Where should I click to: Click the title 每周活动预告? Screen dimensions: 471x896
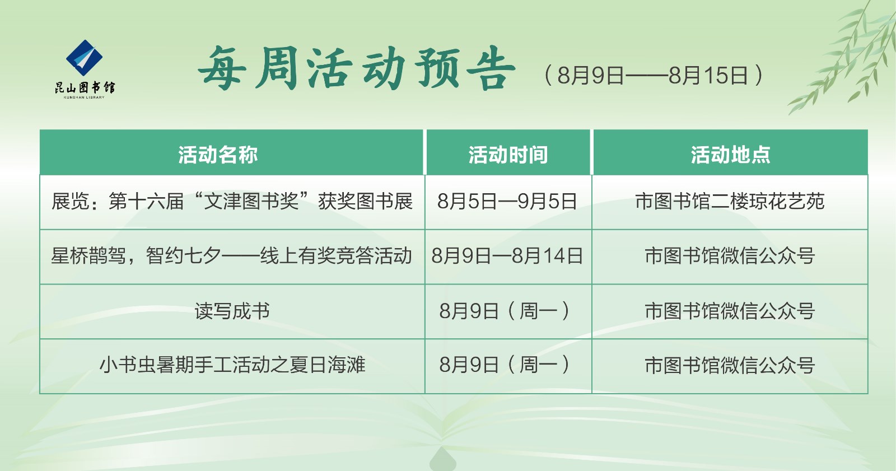pyautogui.click(x=356, y=69)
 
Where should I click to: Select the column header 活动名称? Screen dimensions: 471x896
pyautogui.click(x=218, y=155)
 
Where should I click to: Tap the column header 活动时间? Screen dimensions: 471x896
pyautogui.click(x=508, y=155)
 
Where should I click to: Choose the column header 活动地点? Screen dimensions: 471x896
pyautogui.click(x=730, y=155)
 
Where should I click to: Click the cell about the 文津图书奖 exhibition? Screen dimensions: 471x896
pyautogui.click(x=232, y=202)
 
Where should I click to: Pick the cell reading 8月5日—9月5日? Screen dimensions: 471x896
pyautogui.click(x=507, y=202)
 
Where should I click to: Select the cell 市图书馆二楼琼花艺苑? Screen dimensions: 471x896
pyautogui.click(x=730, y=202)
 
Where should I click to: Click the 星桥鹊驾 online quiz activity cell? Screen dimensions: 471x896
pyautogui.click(x=232, y=256)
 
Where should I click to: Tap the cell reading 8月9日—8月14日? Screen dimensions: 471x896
pyautogui.click(x=507, y=256)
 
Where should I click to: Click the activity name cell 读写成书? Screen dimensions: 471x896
pyautogui.click(x=232, y=311)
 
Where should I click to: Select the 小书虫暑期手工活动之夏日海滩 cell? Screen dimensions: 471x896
pyautogui.click(x=232, y=365)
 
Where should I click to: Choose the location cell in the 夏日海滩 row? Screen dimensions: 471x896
pyautogui.click(x=730, y=365)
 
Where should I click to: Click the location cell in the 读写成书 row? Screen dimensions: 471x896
pyautogui.click(x=730, y=311)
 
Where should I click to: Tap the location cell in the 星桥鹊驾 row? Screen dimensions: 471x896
pyautogui.click(x=730, y=256)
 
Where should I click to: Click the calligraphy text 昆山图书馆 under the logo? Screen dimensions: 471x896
pyautogui.click(x=85, y=87)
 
